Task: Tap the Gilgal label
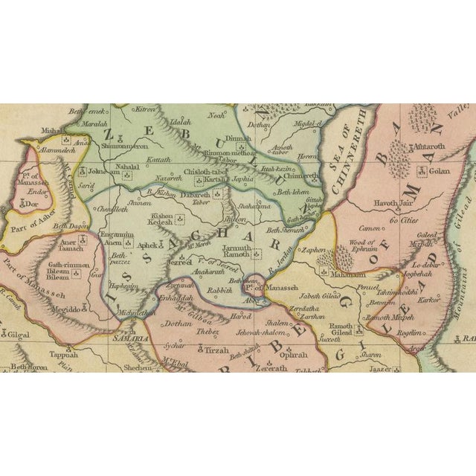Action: click(x=19, y=335)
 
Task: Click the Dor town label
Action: click(x=30, y=202)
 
